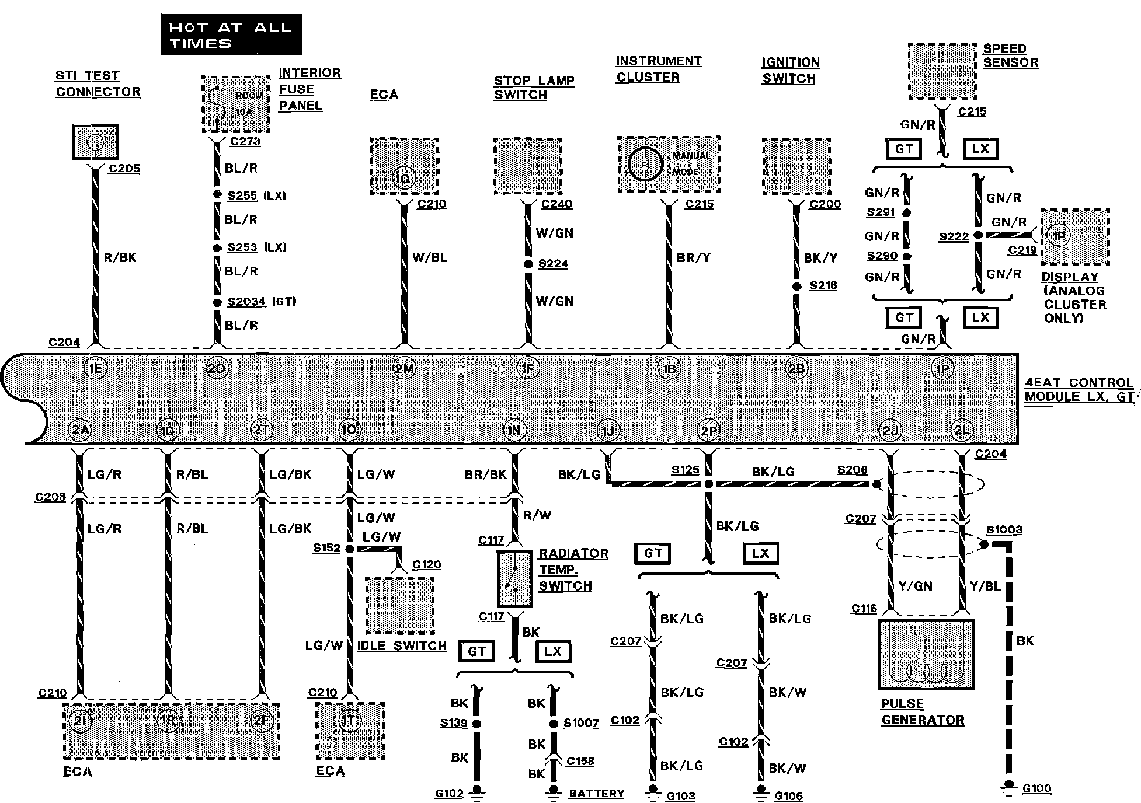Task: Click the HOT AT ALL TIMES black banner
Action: coord(231,35)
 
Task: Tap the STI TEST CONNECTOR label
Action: coord(98,83)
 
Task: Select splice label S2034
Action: coord(246,302)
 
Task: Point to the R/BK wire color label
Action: coord(120,257)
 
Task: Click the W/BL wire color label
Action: coord(430,257)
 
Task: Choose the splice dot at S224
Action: coord(528,264)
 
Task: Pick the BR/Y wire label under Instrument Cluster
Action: coord(693,257)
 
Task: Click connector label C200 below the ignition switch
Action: coord(825,204)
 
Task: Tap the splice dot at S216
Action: coord(796,286)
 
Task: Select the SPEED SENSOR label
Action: coord(1010,55)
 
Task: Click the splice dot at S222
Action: coord(978,235)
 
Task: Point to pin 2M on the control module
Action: coord(404,368)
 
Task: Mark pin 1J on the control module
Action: coord(608,431)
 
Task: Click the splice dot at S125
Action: coord(708,484)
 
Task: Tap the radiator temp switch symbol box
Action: coord(514,579)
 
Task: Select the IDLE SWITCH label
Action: coord(401,646)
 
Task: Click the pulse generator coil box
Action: coord(926,654)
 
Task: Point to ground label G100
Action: coord(1036,789)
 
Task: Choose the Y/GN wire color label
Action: coord(915,586)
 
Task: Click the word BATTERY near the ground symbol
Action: coord(596,794)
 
